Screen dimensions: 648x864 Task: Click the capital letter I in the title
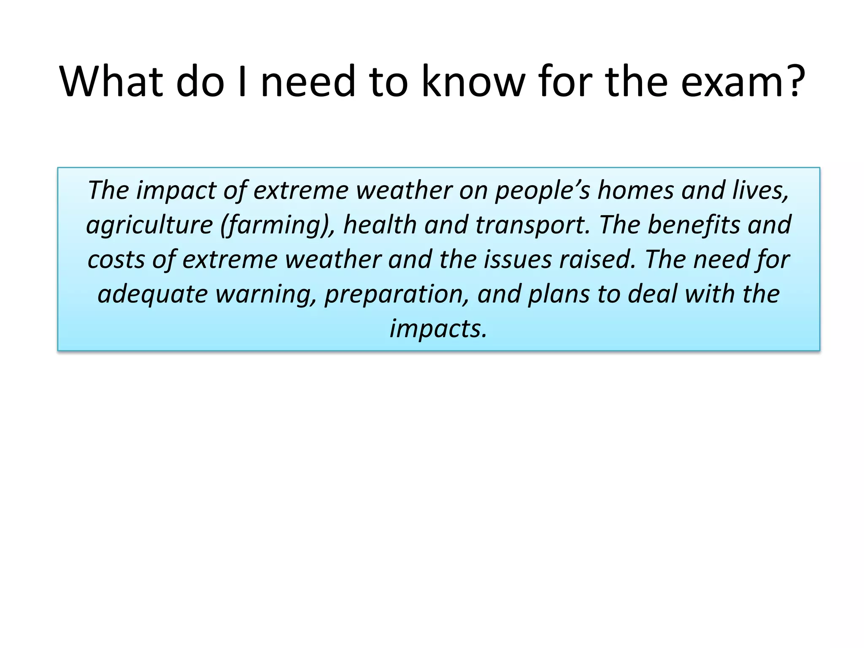[242, 81]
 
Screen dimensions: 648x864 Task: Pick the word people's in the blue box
[542, 191]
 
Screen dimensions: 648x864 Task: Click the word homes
[635, 191]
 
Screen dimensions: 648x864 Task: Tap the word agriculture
[149, 225]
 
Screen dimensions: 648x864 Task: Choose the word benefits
[694, 225]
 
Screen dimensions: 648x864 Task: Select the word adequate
[153, 294]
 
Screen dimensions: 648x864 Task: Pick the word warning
[266, 294]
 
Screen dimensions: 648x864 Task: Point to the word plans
[559, 294]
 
